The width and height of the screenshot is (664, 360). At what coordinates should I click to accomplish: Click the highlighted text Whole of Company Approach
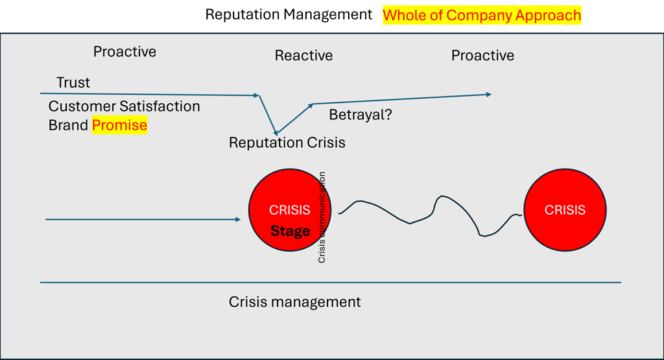point(482,16)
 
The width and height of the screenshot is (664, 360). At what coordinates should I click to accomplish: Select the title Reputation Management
point(289,14)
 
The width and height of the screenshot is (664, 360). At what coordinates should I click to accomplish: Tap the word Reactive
point(303,56)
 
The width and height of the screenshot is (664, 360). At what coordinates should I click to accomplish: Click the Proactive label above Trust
point(124,52)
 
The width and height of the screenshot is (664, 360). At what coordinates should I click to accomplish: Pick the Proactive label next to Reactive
point(482,56)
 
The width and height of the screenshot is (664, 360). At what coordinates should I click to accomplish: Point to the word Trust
point(73,82)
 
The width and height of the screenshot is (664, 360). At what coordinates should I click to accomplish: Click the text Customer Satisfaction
point(124,106)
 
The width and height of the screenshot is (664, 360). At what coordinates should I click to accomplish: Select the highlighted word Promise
point(119,125)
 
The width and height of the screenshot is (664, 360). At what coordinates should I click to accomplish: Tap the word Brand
point(67,125)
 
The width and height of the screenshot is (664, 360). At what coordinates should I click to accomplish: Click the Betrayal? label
point(361,115)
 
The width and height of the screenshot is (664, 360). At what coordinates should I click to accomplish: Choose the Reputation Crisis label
point(287,143)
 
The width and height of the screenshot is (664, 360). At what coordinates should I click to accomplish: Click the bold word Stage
point(290,231)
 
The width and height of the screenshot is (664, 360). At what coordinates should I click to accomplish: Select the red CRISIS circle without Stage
point(565,186)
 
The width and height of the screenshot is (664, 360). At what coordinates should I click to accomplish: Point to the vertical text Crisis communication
point(322,217)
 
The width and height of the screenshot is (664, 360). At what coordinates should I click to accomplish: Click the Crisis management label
point(295,302)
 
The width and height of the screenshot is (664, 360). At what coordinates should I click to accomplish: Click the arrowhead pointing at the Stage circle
point(238,219)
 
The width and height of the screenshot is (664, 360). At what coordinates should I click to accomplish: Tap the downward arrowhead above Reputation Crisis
point(275,132)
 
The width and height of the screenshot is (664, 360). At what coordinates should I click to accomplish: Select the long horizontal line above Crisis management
point(331,282)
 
